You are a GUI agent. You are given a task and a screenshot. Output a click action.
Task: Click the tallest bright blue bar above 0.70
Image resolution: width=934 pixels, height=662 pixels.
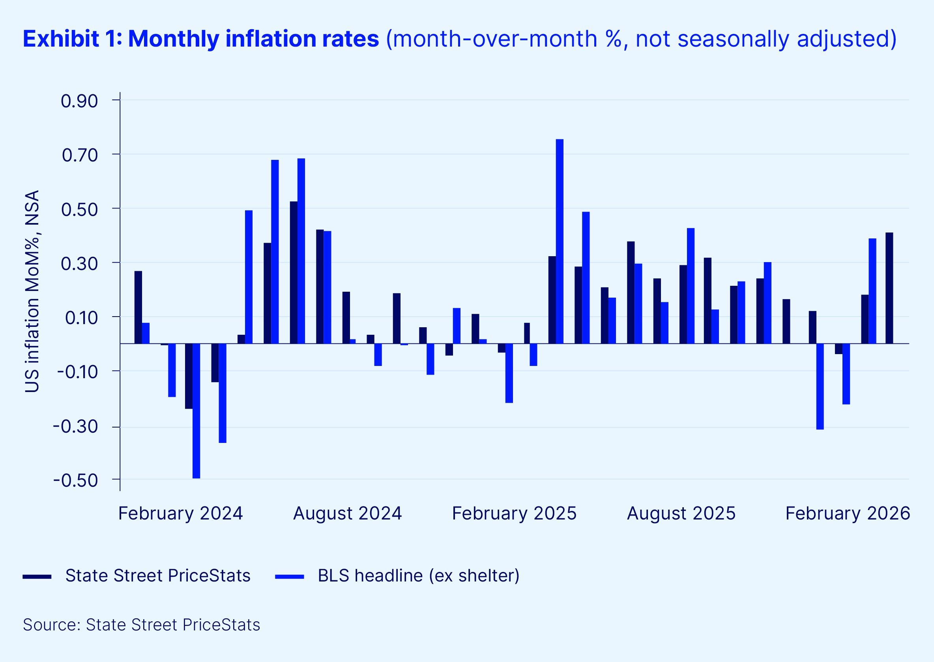click(x=560, y=241)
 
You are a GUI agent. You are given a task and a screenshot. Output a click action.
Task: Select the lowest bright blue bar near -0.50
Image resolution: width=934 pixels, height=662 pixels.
click(x=196, y=411)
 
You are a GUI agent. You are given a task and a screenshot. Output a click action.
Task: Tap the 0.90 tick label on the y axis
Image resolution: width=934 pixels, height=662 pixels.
click(x=79, y=101)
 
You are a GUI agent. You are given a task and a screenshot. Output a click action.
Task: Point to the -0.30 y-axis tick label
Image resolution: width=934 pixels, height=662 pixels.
click(x=76, y=427)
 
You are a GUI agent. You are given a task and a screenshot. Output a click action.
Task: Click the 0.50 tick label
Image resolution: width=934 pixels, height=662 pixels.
click(x=79, y=210)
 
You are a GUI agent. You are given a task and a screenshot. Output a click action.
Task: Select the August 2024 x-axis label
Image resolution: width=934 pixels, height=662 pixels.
click(x=347, y=513)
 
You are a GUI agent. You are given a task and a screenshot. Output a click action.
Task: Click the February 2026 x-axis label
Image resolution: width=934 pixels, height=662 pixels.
click(x=847, y=513)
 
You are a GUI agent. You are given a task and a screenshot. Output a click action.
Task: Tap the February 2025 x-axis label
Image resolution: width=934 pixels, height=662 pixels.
click(x=514, y=513)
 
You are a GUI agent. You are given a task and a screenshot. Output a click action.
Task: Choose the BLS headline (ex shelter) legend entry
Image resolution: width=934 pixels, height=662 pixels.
click(x=419, y=576)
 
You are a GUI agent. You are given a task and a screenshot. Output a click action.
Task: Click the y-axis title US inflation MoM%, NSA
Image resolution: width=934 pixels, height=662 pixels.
click(x=33, y=291)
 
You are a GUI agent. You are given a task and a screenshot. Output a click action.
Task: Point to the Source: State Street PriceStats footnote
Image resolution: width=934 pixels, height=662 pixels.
click(x=141, y=625)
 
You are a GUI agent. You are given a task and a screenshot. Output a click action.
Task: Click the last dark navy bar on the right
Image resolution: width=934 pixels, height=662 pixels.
click(x=889, y=288)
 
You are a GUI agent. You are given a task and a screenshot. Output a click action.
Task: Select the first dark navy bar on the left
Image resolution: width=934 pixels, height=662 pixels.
click(x=138, y=308)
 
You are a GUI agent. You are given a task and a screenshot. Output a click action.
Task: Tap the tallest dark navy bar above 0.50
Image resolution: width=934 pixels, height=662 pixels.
click(x=294, y=272)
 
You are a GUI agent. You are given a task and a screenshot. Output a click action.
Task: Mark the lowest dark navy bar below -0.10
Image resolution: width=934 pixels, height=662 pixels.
click(x=189, y=376)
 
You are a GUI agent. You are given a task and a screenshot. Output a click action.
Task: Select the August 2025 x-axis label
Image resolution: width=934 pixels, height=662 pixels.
click(x=681, y=513)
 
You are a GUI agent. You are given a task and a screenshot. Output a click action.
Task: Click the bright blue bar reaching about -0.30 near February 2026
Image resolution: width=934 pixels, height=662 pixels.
click(x=820, y=386)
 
